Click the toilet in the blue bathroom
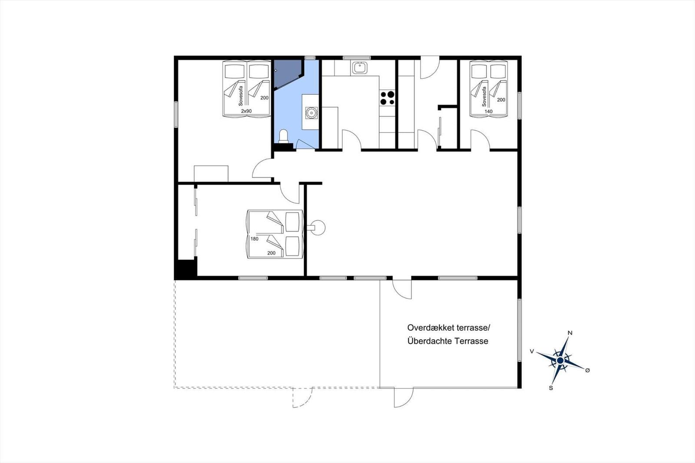point(283,136)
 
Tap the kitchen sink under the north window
point(359,68)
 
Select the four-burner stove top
point(387,98)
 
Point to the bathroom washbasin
point(311,112)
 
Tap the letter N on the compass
point(570,333)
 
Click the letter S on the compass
point(551,387)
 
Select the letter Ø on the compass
point(587,370)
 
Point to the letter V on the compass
point(532,351)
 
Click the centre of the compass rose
point(560,360)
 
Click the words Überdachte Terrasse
point(447,341)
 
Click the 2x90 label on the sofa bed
point(246,111)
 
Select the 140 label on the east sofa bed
point(488,112)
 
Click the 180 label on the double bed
point(255,239)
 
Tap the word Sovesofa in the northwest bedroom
point(241,96)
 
